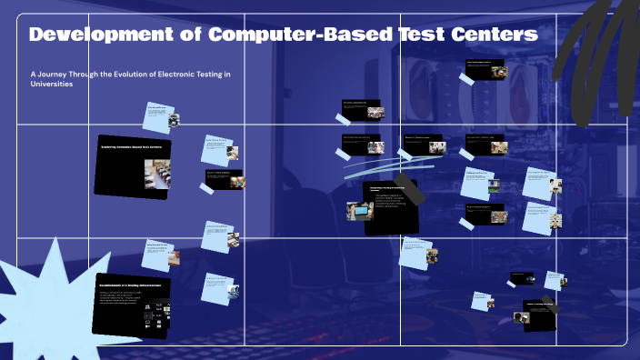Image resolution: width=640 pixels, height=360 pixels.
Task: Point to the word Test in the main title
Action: click(x=419, y=35)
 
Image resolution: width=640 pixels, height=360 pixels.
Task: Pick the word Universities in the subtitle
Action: click(x=52, y=83)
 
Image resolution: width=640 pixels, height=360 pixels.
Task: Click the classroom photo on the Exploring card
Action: click(x=157, y=174)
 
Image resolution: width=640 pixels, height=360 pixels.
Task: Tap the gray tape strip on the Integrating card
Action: click(x=411, y=191)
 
